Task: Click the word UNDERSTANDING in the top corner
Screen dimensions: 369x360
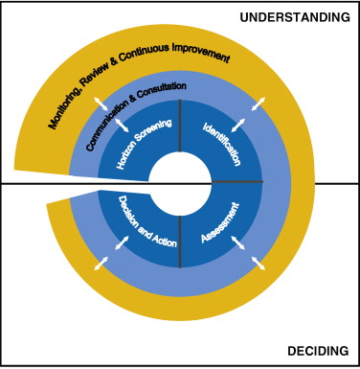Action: click(x=295, y=16)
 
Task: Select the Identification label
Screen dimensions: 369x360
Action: click(x=222, y=144)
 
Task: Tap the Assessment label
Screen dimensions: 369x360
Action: click(x=222, y=222)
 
